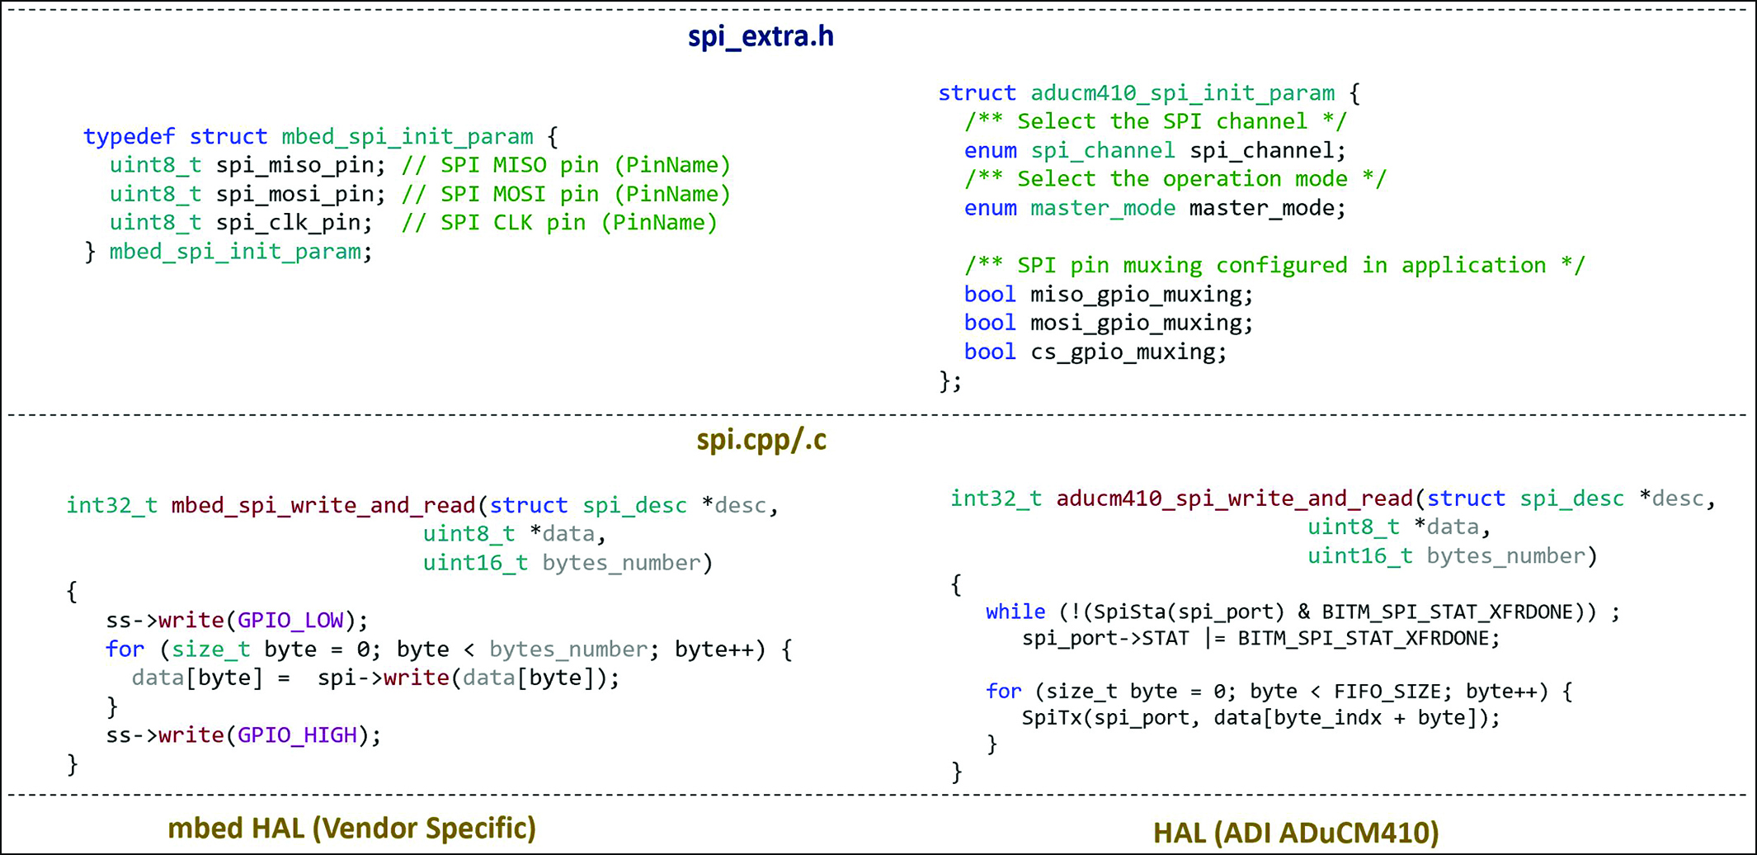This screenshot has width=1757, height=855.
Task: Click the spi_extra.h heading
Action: pyautogui.click(x=761, y=37)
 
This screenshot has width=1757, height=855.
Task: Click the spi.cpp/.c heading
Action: pyautogui.click(x=761, y=440)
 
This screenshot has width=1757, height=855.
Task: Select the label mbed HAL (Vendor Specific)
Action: pyautogui.click(x=352, y=829)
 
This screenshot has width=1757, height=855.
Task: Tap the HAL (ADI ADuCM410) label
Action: pyautogui.click(x=1296, y=833)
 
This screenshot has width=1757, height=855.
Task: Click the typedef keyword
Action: pyautogui.click(x=130, y=136)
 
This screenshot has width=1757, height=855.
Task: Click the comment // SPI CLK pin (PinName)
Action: pyautogui.click(x=559, y=223)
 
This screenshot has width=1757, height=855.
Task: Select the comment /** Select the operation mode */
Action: pyautogui.click(x=1175, y=179)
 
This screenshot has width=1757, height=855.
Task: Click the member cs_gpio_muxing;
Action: pyautogui.click(x=1128, y=352)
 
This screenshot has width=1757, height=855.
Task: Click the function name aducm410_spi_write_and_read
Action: pyautogui.click(x=1235, y=498)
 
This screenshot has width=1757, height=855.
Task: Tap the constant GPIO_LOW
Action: pyautogui.click(x=290, y=620)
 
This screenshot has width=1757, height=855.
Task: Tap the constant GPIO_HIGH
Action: pyautogui.click(x=297, y=735)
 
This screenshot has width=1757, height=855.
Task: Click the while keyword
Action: pyautogui.click(x=1015, y=612)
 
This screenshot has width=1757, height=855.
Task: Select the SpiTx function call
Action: pyautogui.click(x=1052, y=717)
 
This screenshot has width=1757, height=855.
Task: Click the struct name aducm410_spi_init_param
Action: pyautogui.click(x=1182, y=93)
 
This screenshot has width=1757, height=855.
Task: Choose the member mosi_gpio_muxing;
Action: pyautogui.click(x=1142, y=323)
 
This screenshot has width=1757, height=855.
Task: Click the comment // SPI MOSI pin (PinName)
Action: pyautogui.click(x=566, y=194)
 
